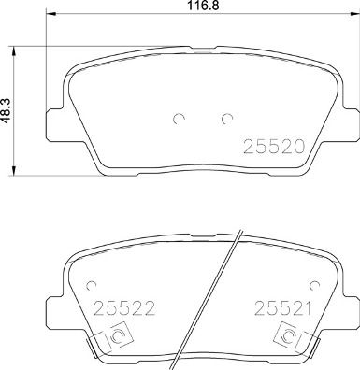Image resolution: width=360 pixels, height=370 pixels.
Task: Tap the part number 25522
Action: [115, 306]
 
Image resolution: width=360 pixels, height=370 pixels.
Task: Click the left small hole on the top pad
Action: [177, 119]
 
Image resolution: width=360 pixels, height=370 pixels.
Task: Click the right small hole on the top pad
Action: [227, 119]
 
